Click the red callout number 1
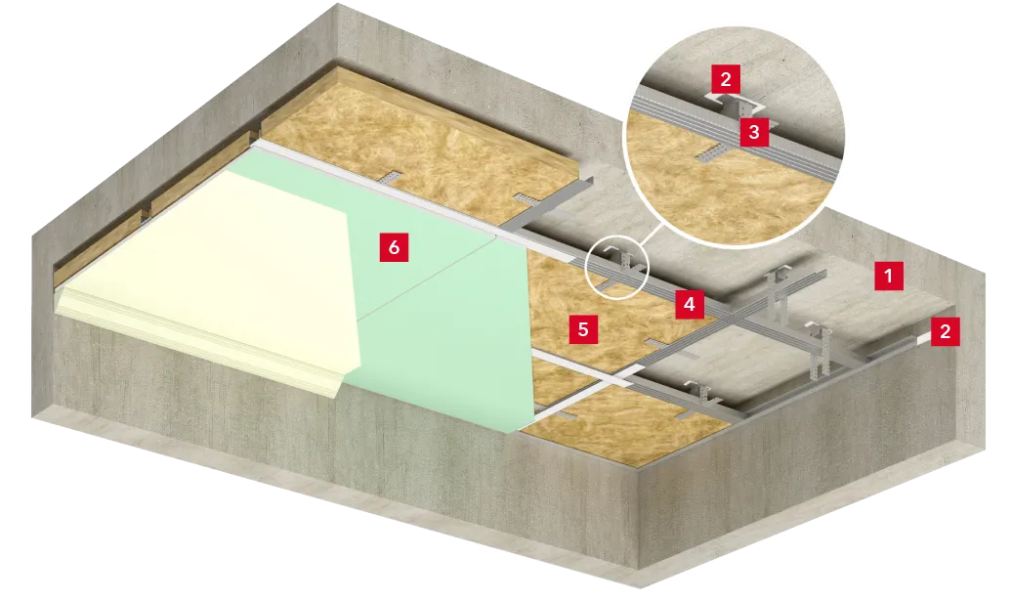click(889, 276)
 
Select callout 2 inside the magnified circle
click(726, 79)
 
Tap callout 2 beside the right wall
click(946, 331)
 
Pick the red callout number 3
click(754, 132)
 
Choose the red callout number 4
click(690, 303)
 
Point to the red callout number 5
click(583, 329)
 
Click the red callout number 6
click(394, 247)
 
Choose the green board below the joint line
click(444, 362)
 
